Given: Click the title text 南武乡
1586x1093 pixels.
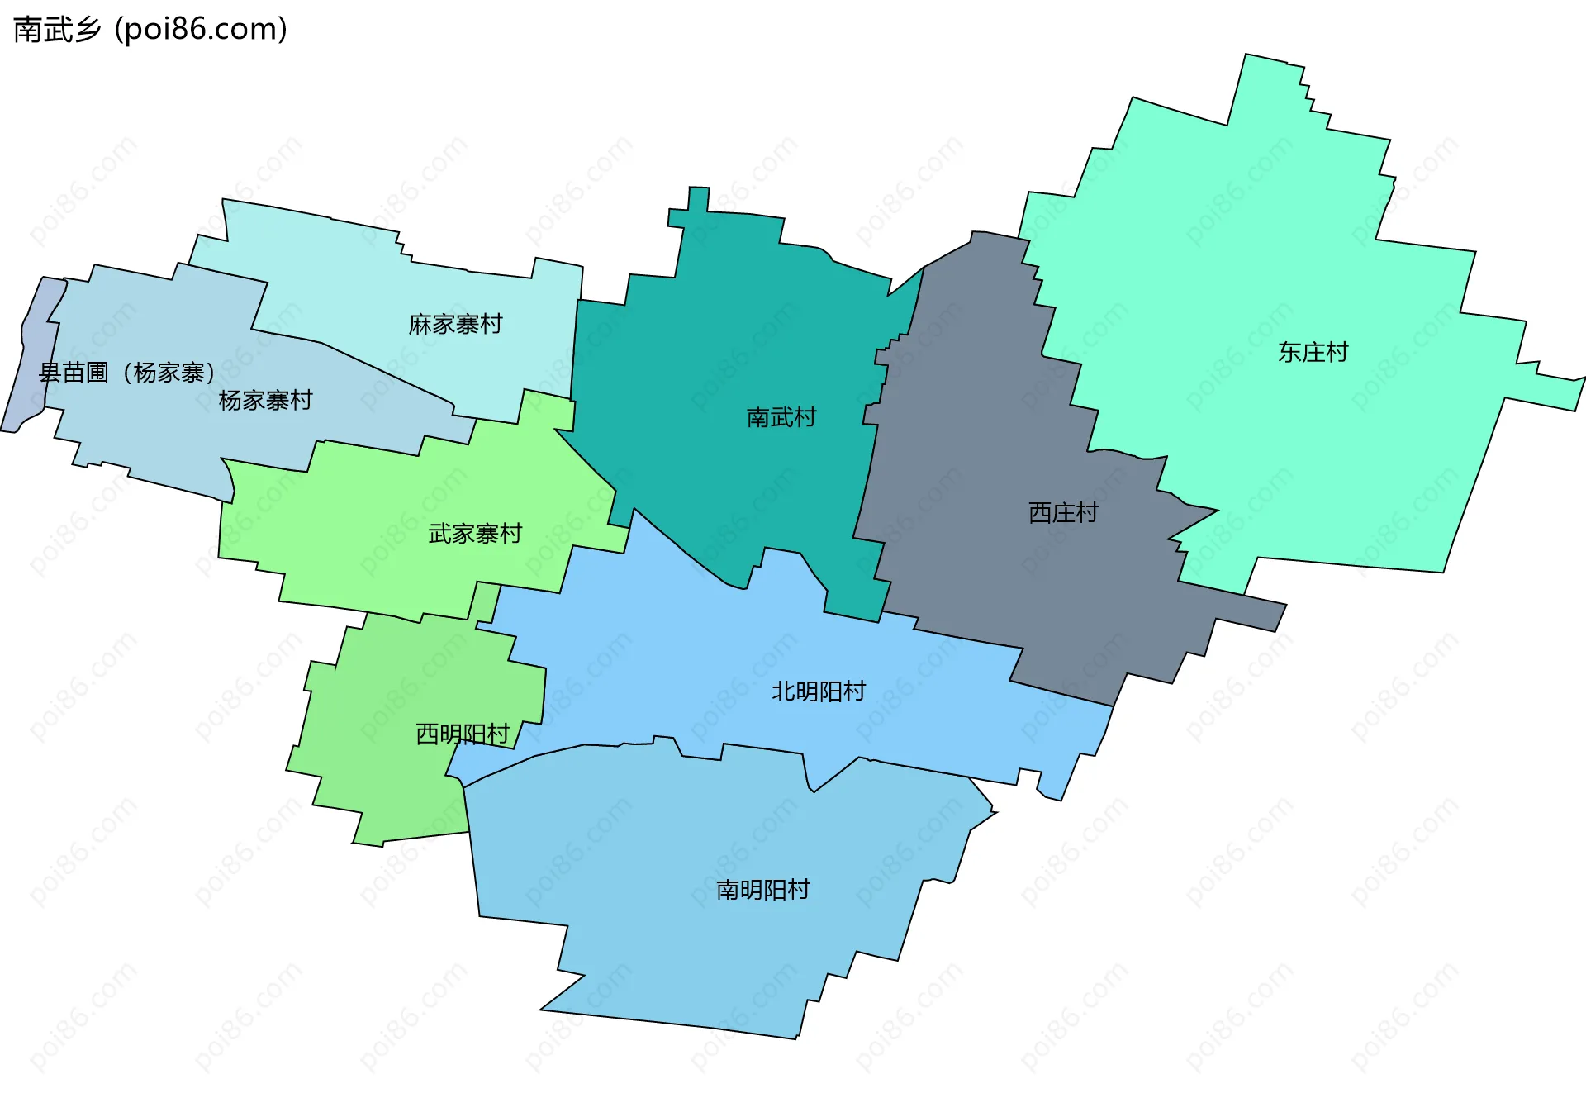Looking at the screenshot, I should (x=57, y=30).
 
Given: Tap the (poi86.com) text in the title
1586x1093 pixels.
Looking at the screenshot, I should (x=201, y=30).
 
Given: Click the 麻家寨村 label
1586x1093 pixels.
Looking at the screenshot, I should (x=455, y=324).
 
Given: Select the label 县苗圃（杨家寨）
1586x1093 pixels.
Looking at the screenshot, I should (x=127, y=373).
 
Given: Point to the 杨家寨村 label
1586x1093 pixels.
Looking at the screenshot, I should (x=265, y=401).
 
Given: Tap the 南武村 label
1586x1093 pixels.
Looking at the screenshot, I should (x=781, y=417).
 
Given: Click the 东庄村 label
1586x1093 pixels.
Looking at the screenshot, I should (x=1313, y=352).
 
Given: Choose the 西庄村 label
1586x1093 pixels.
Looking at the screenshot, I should (x=1063, y=513).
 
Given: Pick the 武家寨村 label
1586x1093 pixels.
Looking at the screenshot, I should (x=475, y=534).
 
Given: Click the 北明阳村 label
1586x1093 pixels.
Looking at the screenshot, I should (x=818, y=691).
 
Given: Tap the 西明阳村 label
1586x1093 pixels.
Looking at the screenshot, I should (x=462, y=734).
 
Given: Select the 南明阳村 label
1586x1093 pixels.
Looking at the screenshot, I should (x=762, y=890).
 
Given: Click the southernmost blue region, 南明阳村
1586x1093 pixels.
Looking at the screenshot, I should (x=702, y=950).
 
